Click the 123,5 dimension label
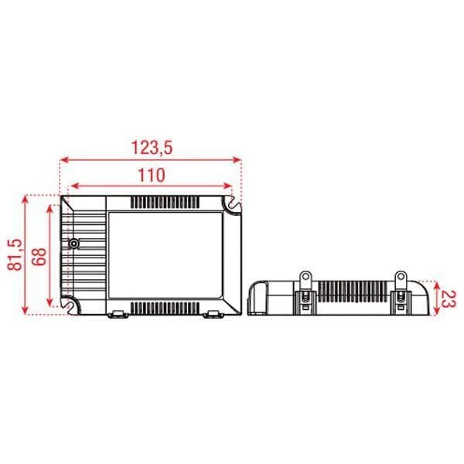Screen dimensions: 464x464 click(x=152, y=148)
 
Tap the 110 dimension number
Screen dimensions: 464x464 click(x=152, y=175)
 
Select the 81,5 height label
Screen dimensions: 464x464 click(x=15, y=254)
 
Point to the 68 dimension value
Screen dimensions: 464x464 click(x=39, y=256)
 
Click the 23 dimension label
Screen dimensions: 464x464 click(x=448, y=299)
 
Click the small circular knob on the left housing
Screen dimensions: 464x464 click(x=73, y=244)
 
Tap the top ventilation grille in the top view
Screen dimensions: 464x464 click(x=165, y=203)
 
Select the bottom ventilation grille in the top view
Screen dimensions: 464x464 click(x=165, y=308)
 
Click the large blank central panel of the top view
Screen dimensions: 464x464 click(x=165, y=254)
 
